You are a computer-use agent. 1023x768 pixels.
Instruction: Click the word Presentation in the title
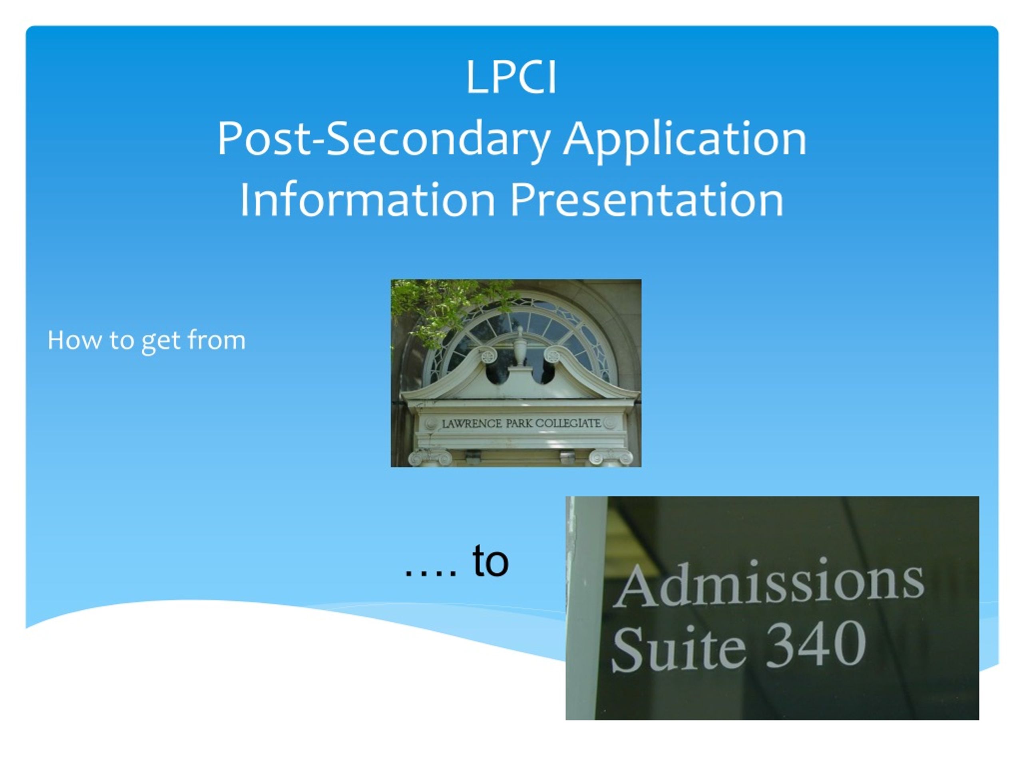pos(647,200)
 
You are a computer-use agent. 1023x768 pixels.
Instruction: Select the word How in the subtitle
pos(74,340)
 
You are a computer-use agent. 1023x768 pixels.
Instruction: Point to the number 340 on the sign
pos(816,644)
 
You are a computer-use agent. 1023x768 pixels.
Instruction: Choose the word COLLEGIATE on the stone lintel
pos(568,423)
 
